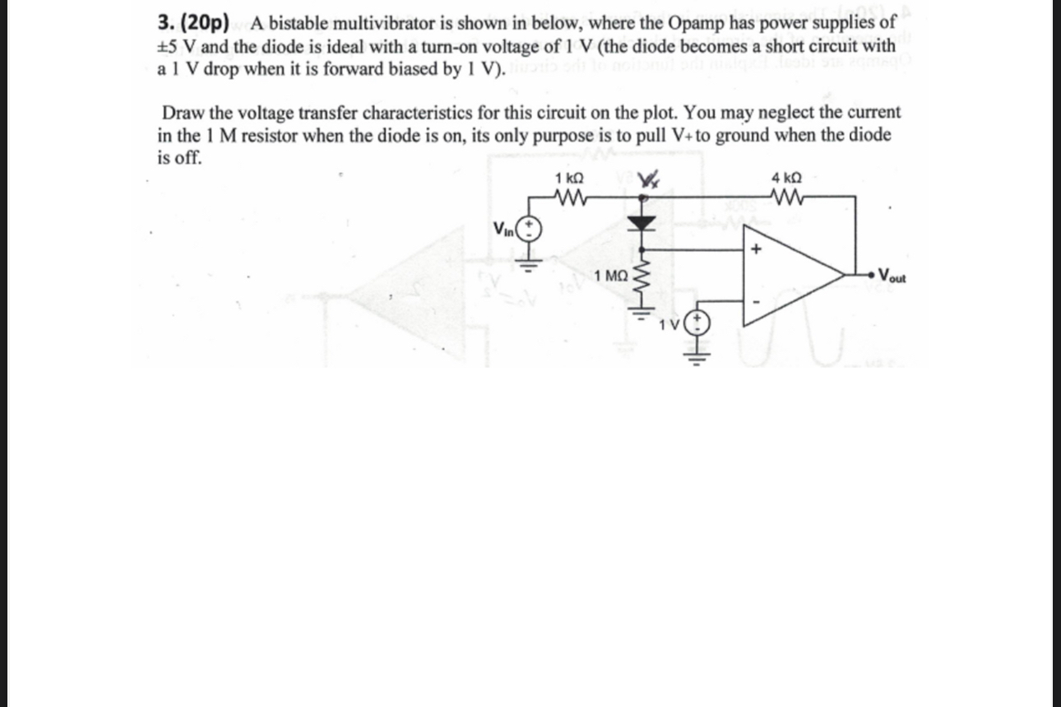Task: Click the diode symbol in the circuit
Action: (x=644, y=221)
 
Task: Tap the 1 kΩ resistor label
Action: (x=570, y=179)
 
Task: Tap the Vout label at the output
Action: (x=892, y=276)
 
